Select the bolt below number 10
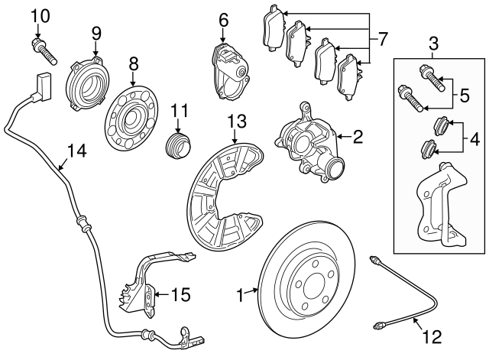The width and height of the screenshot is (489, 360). click(44, 50)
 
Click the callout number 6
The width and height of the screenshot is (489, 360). click(223, 19)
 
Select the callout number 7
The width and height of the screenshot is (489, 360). click(384, 37)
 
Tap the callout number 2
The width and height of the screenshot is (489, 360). click(357, 138)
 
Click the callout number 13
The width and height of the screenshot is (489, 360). click(238, 121)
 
